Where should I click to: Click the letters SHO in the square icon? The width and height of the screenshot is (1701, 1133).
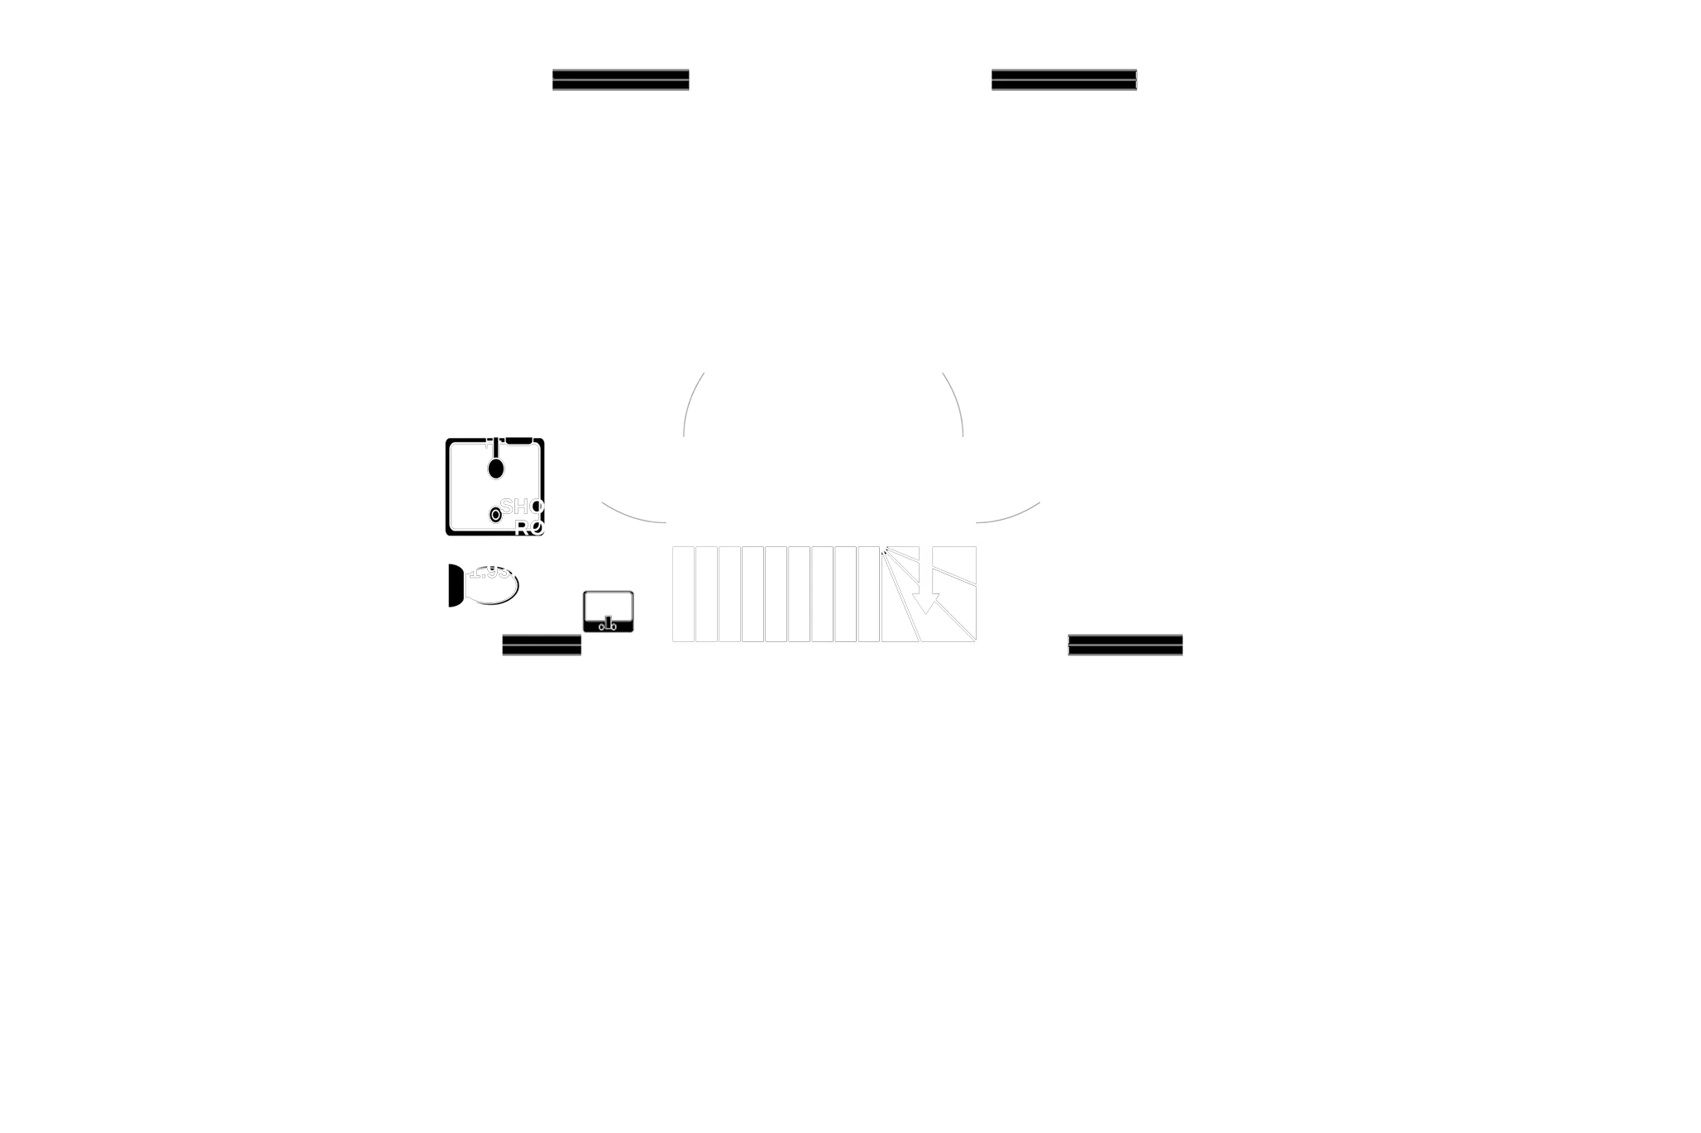click(x=522, y=506)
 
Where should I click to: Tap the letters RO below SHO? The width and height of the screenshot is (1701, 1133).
click(x=529, y=527)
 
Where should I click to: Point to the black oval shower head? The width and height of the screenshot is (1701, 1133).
click(x=495, y=468)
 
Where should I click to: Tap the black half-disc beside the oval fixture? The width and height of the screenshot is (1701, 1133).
click(x=456, y=585)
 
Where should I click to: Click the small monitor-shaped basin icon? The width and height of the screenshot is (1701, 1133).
click(x=608, y=612)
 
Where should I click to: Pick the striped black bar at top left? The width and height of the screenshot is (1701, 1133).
click(x=619, y=79)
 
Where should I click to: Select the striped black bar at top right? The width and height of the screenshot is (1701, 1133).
click(x=1063, y=79)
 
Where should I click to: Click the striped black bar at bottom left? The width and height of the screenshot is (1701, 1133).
click(x=542, y=645)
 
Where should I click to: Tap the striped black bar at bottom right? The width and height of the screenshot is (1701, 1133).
click(x=1125, y=645)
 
